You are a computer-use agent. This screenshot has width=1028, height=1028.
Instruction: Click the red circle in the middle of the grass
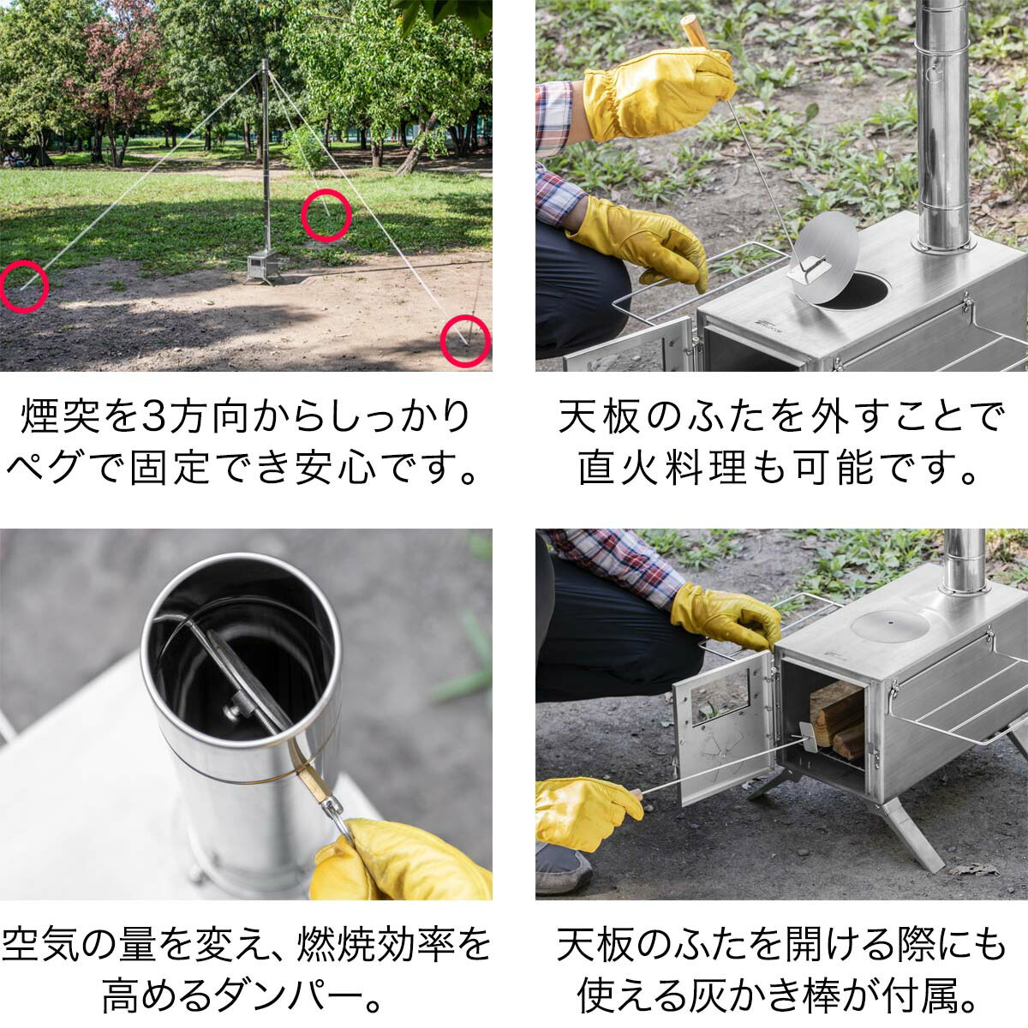point(326,214)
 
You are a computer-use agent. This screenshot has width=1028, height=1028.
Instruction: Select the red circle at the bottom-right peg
point(465,341)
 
